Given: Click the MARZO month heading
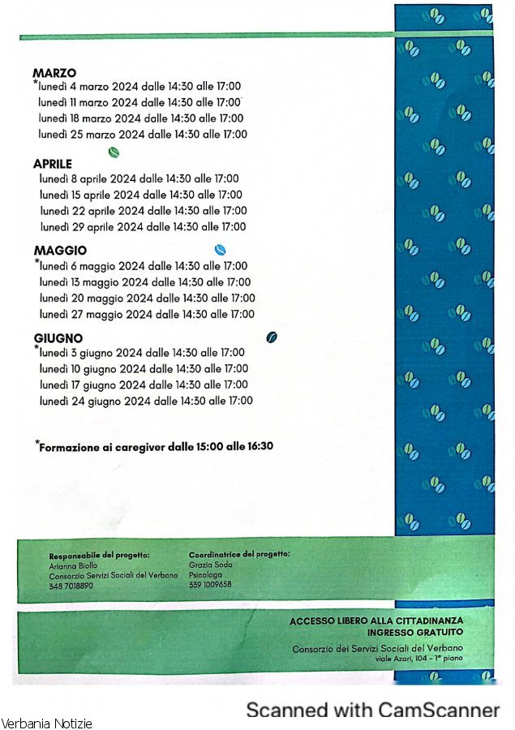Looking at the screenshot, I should [54, 74].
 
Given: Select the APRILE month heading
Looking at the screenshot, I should [53, 164].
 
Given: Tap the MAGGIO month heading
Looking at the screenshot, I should [60, 251].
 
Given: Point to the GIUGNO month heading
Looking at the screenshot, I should [58, 338].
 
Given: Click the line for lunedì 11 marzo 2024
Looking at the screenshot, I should [139, 102].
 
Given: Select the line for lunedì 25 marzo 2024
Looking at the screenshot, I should [143, 134].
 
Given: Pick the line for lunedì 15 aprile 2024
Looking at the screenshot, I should [141, 195].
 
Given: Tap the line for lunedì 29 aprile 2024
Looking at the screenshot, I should [143, 226].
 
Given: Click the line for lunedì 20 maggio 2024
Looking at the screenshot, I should [147, 298].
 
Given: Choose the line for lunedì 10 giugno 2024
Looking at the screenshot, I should [144, 369].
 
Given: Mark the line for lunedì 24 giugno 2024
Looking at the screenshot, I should [146, 401].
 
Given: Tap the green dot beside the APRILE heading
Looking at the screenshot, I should [114, 152].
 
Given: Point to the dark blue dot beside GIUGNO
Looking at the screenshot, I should [272, 337].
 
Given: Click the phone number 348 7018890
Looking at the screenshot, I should [71, 586].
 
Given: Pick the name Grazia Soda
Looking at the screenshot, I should [206, 565].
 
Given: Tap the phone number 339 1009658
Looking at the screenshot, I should [210, 584].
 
